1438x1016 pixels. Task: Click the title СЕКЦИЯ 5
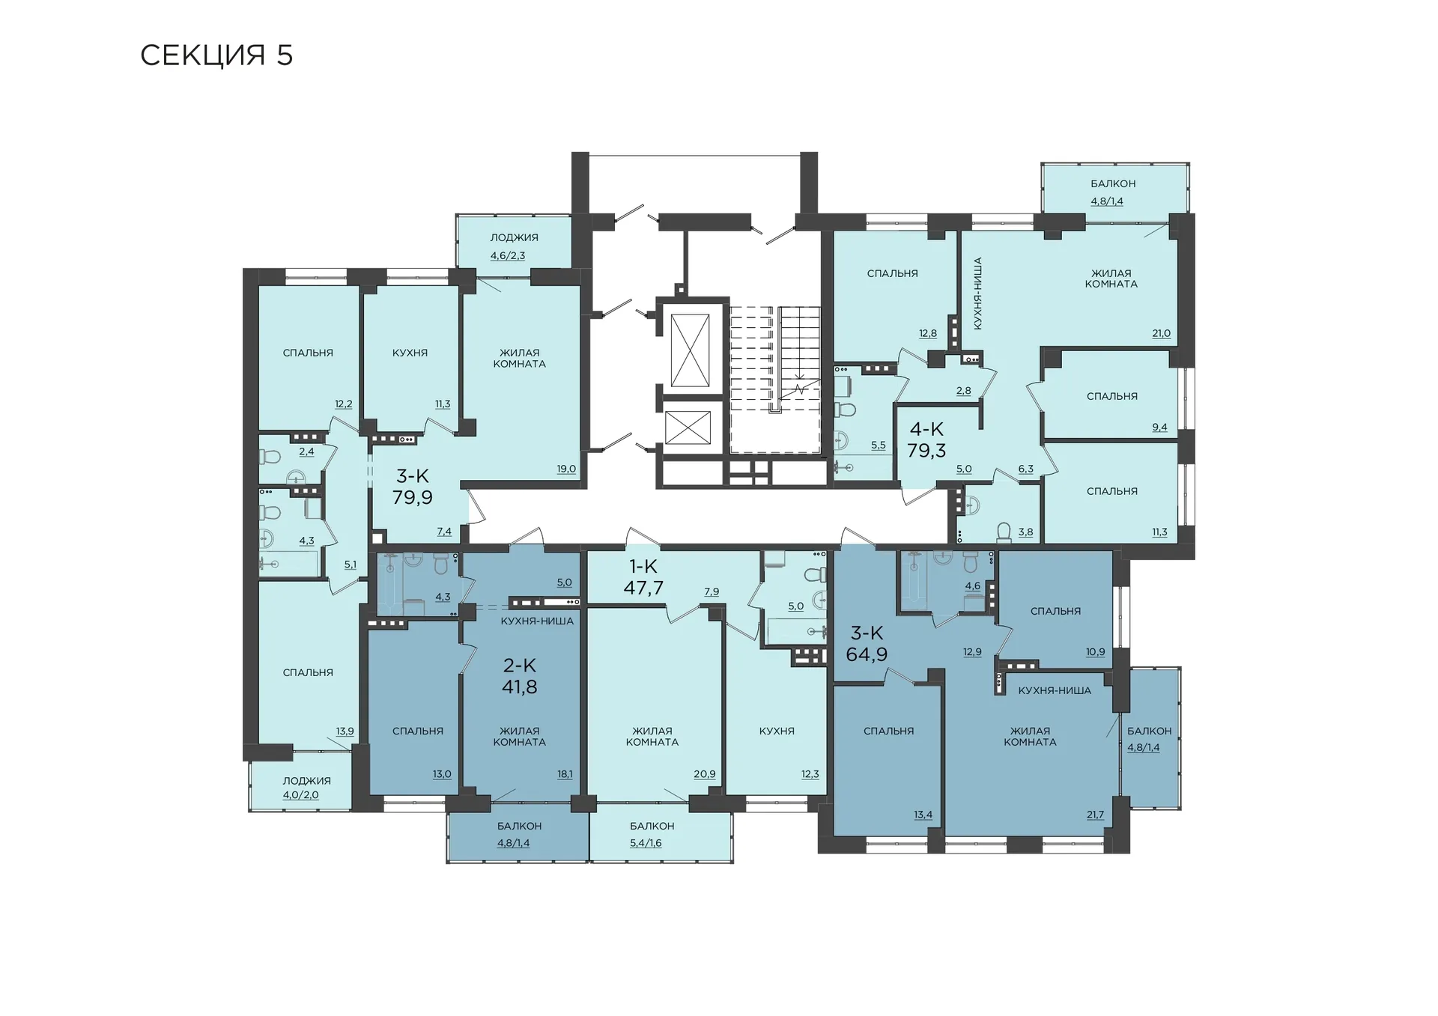[216, 55]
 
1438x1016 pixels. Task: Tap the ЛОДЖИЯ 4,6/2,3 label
[514, 246]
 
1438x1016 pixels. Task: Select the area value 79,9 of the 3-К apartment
[413, 497]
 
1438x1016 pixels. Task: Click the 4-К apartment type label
[926, 429]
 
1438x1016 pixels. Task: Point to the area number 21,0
[1161, 334]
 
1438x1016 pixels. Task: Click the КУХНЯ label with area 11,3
[410, 353]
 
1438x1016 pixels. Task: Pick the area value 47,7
[643, 588]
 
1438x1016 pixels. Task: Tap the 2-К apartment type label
[520, 665]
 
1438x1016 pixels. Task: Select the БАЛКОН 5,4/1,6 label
[652, 835]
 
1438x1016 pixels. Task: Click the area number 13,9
[345, 731]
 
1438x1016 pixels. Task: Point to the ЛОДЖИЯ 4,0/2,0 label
[306, 788]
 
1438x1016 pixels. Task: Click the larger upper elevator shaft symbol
[690, 350]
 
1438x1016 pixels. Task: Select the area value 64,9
[867, 654]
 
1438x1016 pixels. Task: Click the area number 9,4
[1159, 428]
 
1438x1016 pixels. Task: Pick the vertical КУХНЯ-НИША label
[977, 293]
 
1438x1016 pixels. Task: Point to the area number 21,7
[1095, 815]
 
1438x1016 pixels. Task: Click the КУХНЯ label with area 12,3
[777, 731]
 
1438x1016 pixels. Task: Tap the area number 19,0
[566, 469]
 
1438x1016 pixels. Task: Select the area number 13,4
[923, 815]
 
